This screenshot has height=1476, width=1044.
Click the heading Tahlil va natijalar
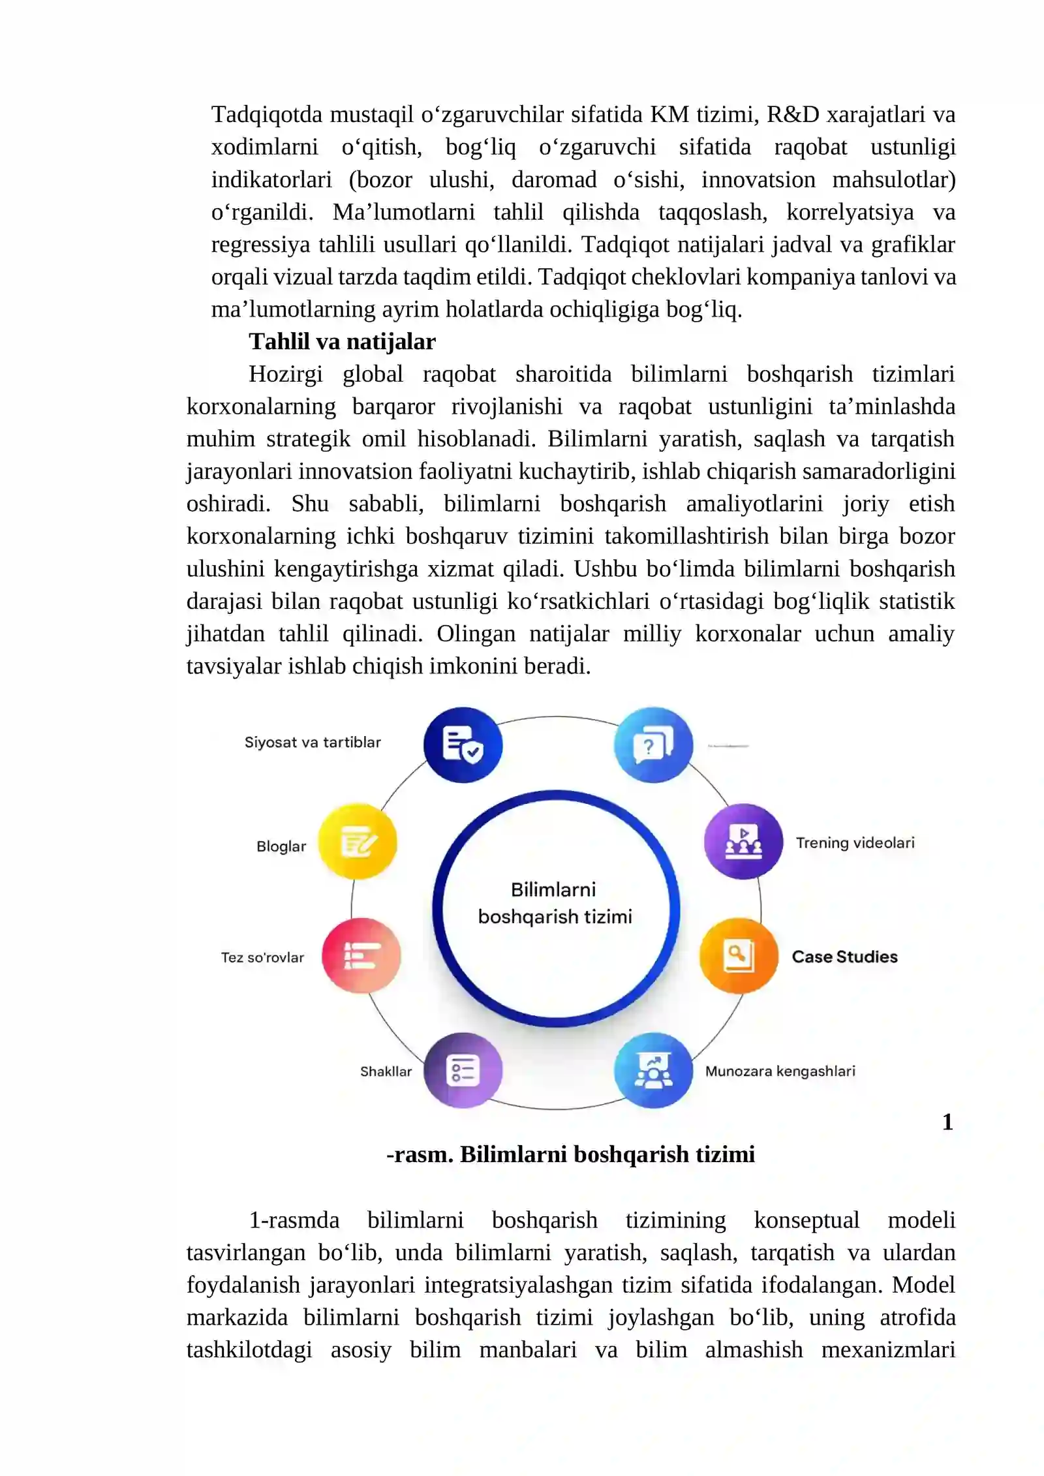[x=342, y=341]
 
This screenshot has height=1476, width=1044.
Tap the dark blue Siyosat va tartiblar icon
[x=463, y=745]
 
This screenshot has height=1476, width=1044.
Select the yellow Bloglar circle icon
[x=358, y=842]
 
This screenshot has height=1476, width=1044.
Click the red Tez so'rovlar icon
[x=361, y=956]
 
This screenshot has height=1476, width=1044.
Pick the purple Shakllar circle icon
[x=463, y=1070]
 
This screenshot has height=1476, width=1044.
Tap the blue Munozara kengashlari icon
[x=653, y=1070]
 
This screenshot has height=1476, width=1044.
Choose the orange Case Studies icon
[x=739, y=956]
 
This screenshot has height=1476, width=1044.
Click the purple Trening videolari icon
[x=743, y=842]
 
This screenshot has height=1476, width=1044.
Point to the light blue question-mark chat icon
[x=653, y=745]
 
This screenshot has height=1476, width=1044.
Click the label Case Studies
[x=844, y=957]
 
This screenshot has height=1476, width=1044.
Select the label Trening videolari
[x=855, y=842]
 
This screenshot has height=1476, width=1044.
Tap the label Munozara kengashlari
[x=780, y=1071]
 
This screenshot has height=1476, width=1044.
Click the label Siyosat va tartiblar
[x=313, y=742]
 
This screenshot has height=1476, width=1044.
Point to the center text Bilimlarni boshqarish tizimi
[x=555, y=903]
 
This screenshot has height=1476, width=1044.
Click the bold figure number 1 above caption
[x=947, y=1122]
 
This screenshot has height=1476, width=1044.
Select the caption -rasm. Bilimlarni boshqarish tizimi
[x=570, y=1154]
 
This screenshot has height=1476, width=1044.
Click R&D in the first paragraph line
[x=792, y=114]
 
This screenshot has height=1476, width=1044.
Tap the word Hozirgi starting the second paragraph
[x=285, y=374]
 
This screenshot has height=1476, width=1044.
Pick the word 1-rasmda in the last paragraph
[x=294, y=1220]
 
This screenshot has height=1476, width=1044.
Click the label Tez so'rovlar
[x=262, y=957]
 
